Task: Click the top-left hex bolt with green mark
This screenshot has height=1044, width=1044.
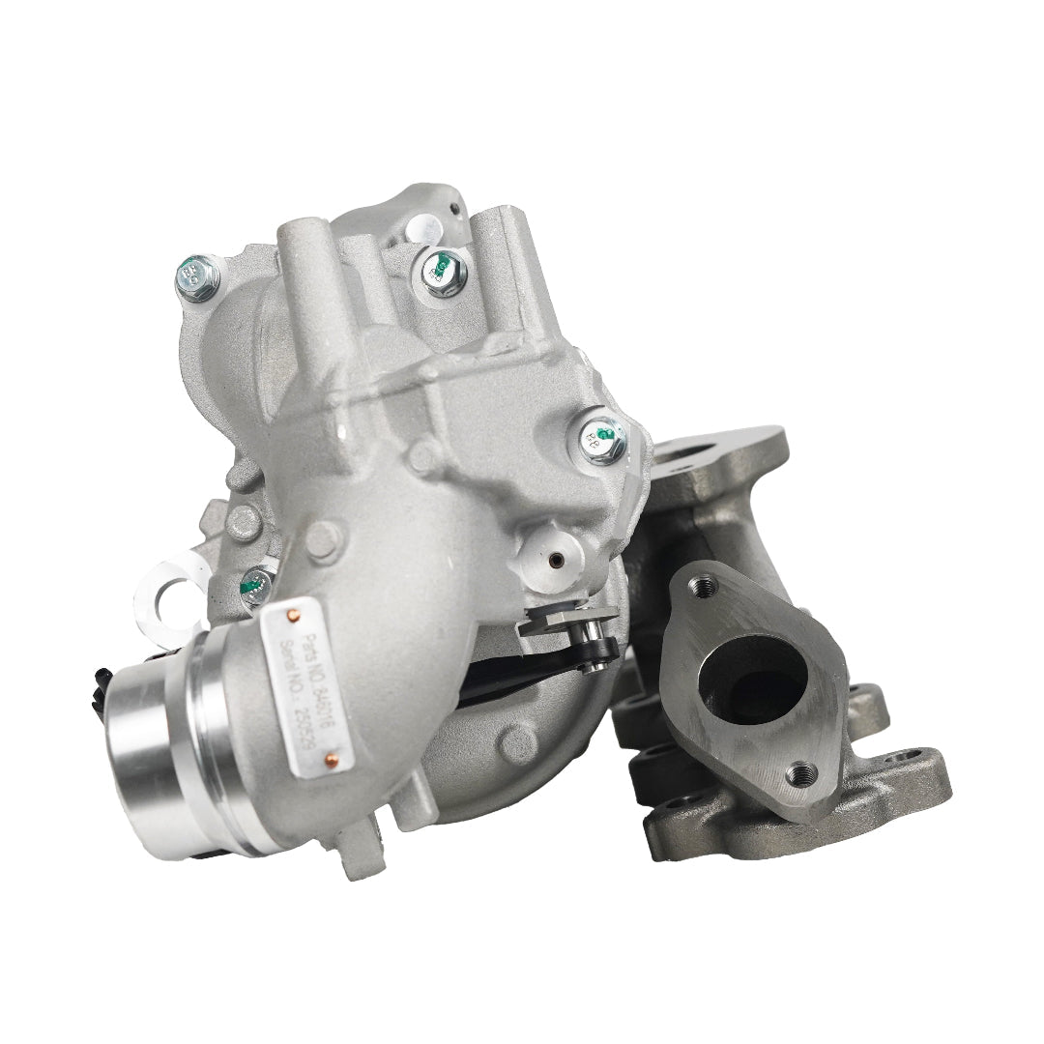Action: pyautogui.click(x=197, y=277)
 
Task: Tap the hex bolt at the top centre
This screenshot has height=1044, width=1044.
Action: pyautogui.click(x=442, y=270)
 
